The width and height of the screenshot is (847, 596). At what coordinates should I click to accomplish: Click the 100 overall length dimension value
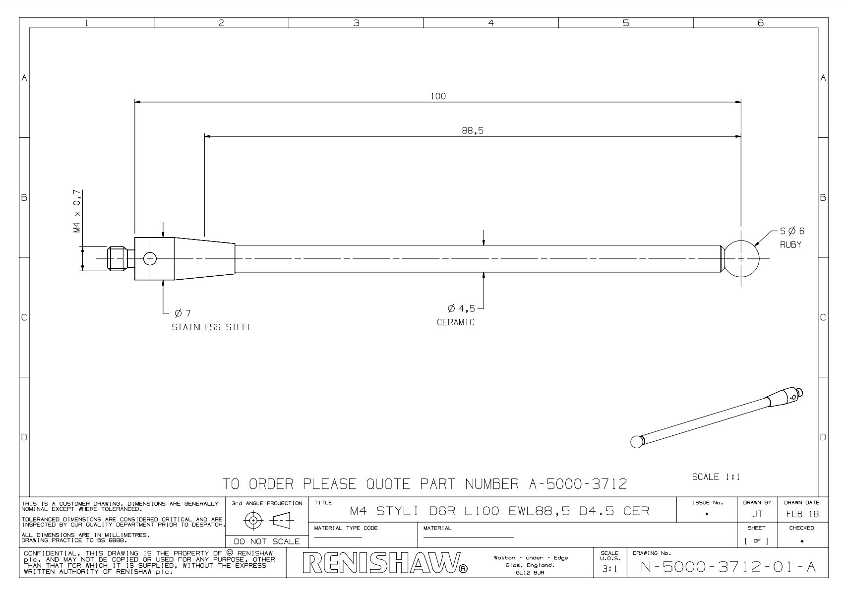(x=438, y=96)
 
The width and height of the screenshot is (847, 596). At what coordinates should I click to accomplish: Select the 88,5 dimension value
(x=473, y=130)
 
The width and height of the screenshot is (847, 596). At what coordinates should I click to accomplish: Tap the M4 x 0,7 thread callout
(x=77, y=211)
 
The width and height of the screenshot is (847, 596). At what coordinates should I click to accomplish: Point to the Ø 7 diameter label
(x=182, y=313)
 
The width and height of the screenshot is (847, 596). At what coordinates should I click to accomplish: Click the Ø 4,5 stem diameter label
(x=461, y=308)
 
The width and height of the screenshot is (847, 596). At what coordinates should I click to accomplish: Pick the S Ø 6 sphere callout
(x=792, y=231)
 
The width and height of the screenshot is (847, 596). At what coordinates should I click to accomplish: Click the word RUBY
(x=790, y=244)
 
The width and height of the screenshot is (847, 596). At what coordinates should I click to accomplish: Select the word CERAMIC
(x=456, y=322)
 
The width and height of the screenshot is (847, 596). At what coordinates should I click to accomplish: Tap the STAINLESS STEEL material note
(x=212, y=327)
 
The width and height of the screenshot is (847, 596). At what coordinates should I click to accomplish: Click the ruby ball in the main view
(x=741, y=259)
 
